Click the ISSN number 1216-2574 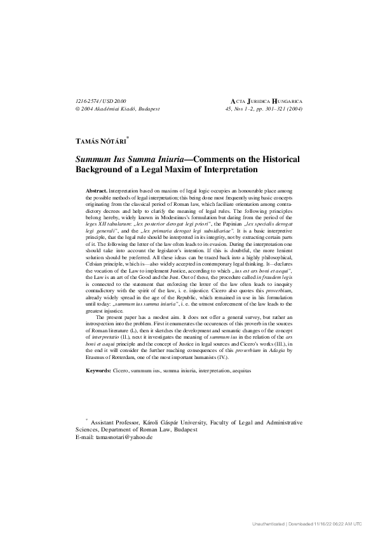tap(88, 101)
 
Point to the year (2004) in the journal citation tap(295, 109)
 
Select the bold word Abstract tap(96, 191)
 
